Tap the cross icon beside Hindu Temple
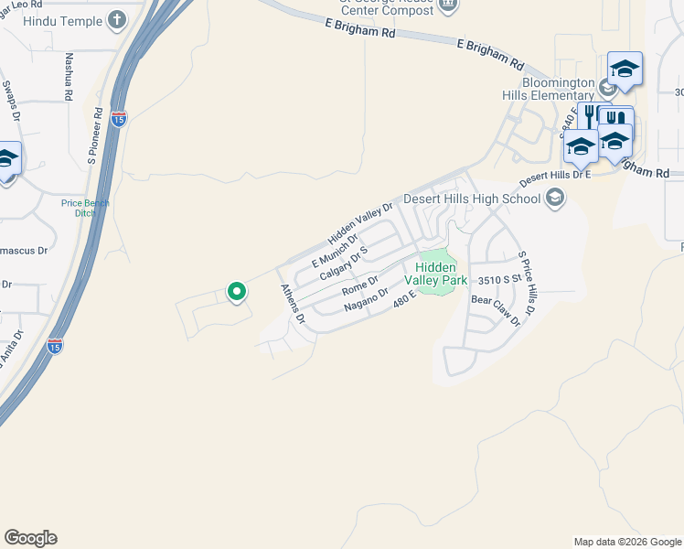pos(117,18)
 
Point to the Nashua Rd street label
pos(69,76)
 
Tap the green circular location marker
pos(236,292)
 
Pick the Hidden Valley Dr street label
pos(360,223)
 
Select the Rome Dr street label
pos(359,286)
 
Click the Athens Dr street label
pos(293,304)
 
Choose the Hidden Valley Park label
pos(442,273)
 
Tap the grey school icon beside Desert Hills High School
pos(554,197)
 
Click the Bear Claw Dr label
pos(495,309)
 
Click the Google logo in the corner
pos(30,538)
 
